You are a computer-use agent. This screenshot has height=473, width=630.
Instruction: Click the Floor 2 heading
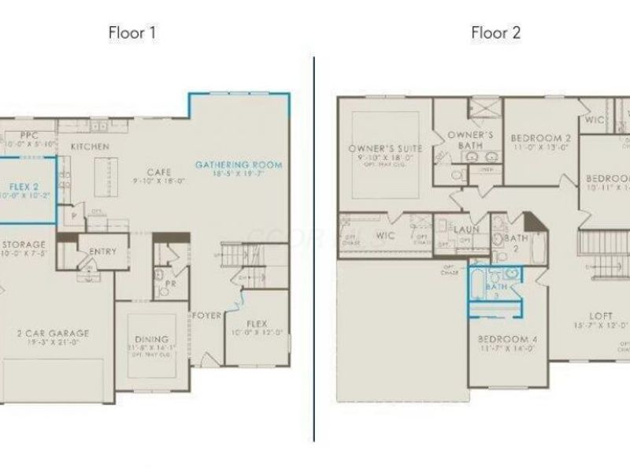click(495, 33)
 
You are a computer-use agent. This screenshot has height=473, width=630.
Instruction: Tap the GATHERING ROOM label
click(238, 165)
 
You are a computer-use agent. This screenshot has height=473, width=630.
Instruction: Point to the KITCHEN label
click(89, 147)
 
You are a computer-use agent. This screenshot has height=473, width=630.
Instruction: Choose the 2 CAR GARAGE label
click(54, 333)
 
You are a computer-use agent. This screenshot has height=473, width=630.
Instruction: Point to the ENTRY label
click(103, 252)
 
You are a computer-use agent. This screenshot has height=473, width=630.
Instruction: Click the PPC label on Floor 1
click(29, 135)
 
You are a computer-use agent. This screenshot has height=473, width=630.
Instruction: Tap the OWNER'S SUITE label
click(385, 147)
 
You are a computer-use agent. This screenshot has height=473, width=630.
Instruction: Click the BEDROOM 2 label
click(540, 137)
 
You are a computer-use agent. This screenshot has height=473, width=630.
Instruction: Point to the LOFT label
click(601, 315)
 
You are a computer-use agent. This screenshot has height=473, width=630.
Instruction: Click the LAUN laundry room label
click(467, 229)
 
